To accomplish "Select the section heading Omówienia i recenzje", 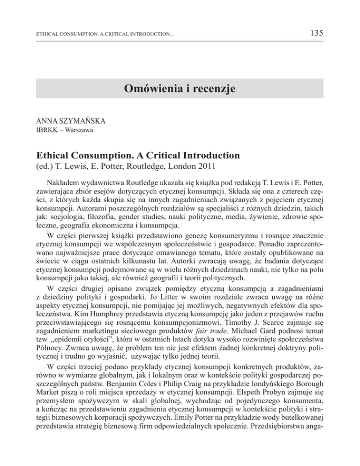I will point(180,88).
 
